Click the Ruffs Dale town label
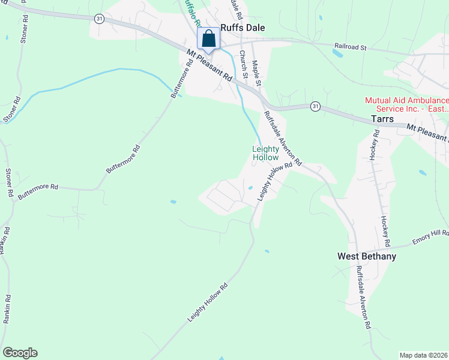243,28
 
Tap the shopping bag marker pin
209,39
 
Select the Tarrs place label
382,119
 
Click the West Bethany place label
367,256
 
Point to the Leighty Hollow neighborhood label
265,153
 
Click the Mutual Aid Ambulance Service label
407,105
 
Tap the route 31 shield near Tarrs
315,106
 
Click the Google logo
20,353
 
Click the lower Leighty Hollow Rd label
208,303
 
